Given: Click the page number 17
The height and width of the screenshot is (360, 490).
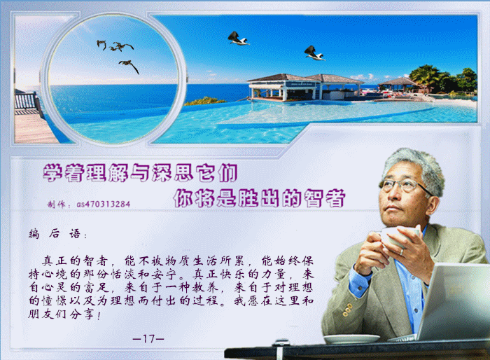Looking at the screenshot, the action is pos(148,338).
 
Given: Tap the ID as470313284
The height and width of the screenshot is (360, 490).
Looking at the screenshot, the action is pos(104,205).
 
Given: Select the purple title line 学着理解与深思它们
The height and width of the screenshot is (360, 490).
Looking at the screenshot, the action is pos(140,172).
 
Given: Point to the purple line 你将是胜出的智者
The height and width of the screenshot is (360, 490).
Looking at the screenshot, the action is pos(259,198).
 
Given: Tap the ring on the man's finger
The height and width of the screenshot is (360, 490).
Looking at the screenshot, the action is pos(402,251).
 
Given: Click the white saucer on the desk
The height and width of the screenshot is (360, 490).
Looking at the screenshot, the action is pos(352,339).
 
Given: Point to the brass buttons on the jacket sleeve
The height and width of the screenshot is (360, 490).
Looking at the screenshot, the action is pos(347,310).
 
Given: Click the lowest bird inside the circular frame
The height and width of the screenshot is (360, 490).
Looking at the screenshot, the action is pos(129,66).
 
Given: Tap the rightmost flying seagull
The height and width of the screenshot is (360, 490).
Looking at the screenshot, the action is pos(314,53).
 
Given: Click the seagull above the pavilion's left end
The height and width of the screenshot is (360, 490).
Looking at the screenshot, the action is pos(238,39).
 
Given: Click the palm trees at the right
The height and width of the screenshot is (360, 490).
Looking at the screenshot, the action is pos(443,80).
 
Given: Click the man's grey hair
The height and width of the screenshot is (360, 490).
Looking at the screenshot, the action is pos(416,166).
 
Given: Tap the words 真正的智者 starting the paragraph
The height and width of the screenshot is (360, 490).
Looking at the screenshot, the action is pos(76,261).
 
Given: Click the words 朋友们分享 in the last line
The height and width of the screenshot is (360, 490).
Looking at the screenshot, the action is pos(61,314).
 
